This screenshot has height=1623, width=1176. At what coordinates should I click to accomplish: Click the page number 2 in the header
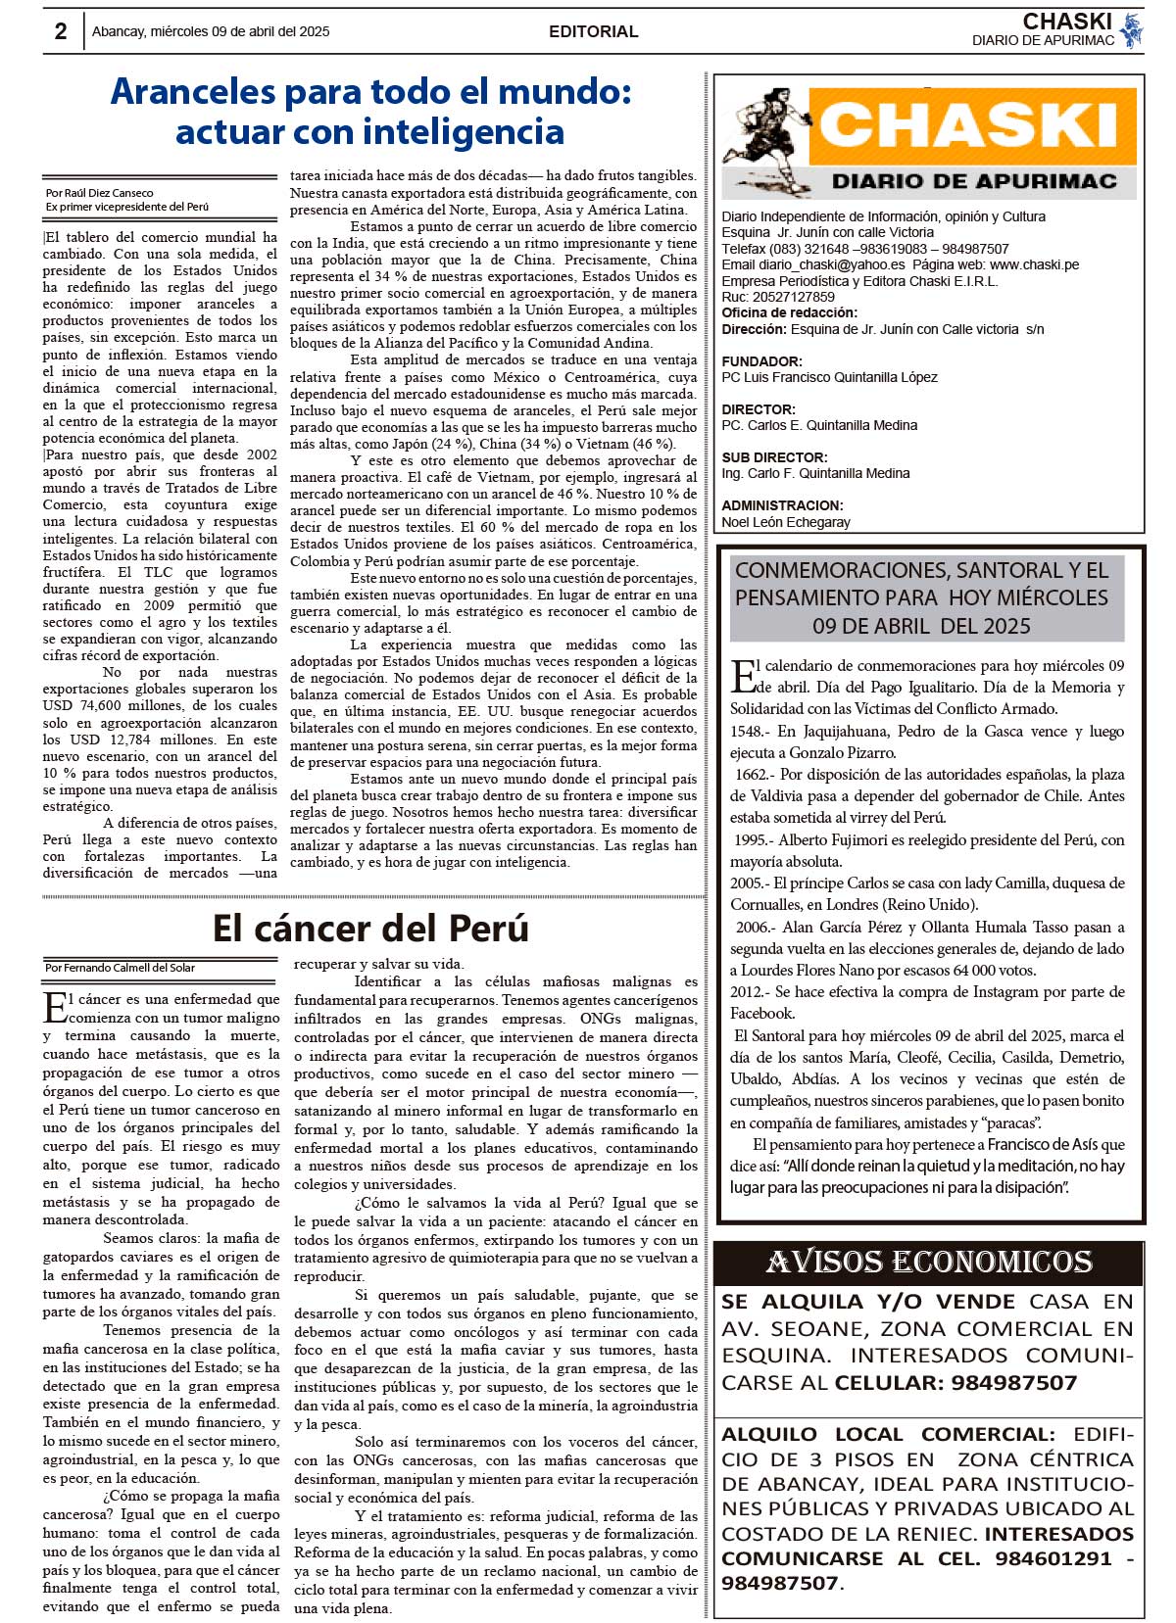[x=61, y=31]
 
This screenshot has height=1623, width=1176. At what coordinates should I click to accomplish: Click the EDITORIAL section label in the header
[x=593, y=31]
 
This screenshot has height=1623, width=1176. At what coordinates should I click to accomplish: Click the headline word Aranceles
[x=193, y=91]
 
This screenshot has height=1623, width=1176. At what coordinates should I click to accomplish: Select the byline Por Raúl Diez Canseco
[x=99, y=193]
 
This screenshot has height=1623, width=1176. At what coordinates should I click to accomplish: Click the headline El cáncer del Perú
[x=370, y=928]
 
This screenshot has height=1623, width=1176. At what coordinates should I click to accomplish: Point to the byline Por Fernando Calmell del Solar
[x=120, y=968]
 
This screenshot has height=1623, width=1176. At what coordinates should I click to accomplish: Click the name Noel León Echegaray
[x=786, y=522]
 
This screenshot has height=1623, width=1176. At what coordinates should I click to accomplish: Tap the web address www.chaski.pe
[x=1034, y=264]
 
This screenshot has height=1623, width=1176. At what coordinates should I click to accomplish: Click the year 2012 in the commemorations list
[x=747, y=991]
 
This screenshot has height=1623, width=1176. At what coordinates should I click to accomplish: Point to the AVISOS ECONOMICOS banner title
[x=928, y=1262]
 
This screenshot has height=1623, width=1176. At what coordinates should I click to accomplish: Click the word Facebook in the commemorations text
[x=761, y=1013]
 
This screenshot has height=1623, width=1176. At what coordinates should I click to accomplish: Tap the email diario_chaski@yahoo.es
[x=831, y=264]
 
